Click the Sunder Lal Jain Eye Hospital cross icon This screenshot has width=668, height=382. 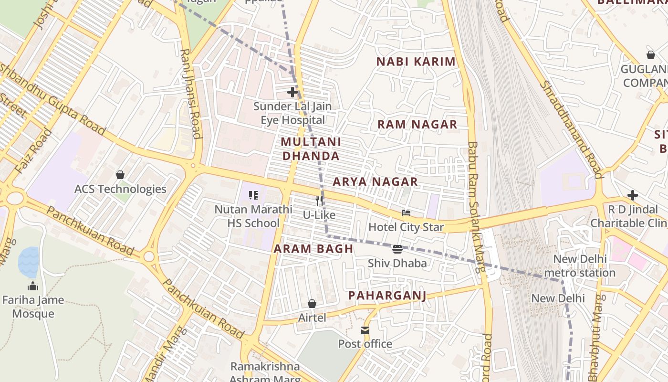tap(292, 92)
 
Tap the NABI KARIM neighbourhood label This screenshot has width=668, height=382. tap(416, 62)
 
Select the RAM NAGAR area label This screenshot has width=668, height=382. tap(417, 125)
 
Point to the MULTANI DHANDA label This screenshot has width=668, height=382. tap(311, 149)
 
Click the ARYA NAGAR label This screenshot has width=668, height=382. tap(375, 182)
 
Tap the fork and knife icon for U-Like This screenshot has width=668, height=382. tap(319, 201)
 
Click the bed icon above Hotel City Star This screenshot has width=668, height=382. tap(406, 213)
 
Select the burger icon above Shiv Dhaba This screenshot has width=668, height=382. tap(397, 249)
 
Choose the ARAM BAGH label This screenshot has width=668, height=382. tap(313, 249)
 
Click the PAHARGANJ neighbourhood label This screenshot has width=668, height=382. tap(387, 296)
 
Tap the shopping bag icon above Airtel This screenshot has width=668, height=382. tap(312, 304)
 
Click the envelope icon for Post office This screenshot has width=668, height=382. tap(365, 330)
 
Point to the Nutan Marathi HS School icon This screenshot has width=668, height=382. tap(253, 195)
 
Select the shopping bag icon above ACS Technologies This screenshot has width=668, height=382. tap(120, 175)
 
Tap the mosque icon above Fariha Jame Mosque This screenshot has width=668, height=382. tap(33, 286)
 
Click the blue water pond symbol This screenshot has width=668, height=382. tap(29, 262)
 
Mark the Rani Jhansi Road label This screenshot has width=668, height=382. tap(190, 94)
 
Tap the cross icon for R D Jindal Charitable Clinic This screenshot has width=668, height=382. tap(633, 195)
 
